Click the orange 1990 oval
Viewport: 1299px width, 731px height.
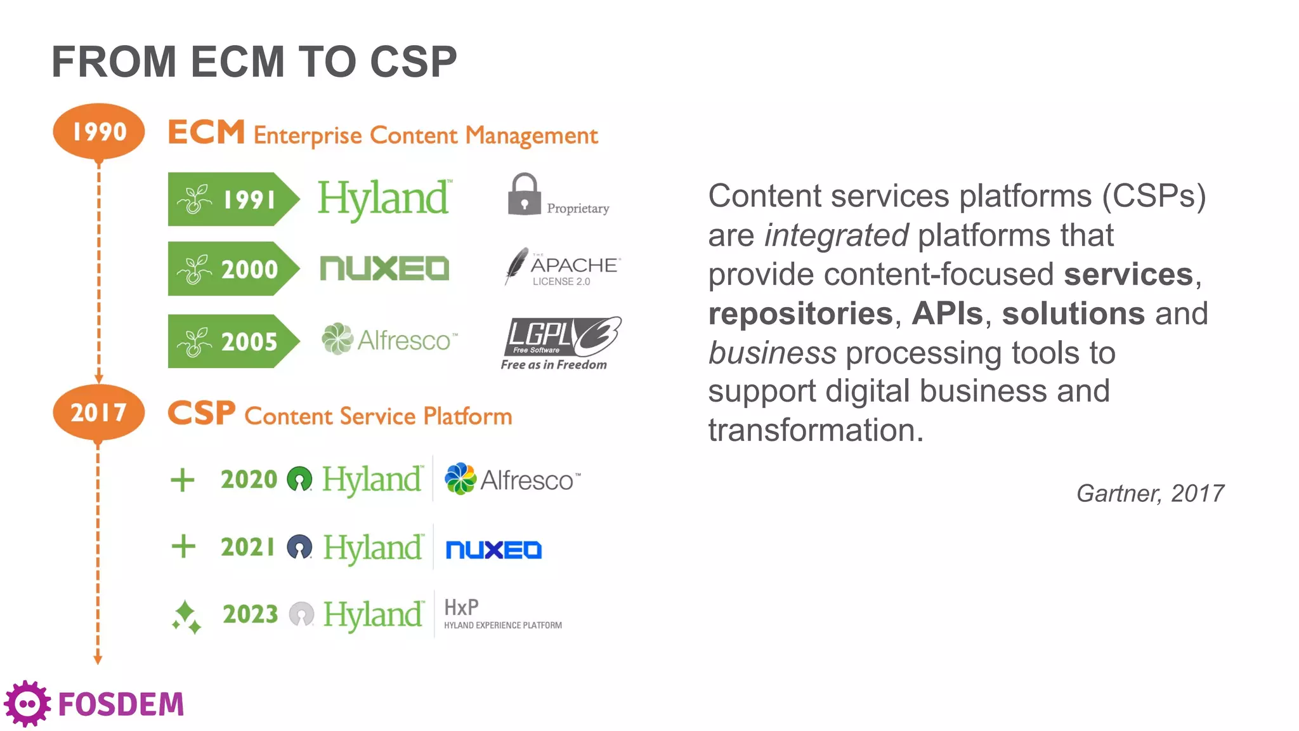coord(99,131)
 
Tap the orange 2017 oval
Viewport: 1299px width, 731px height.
coord(99,412)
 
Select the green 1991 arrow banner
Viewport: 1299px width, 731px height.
coord(232,199)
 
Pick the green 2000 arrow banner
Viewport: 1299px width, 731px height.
coord(232,269)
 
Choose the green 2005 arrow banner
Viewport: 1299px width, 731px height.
coord(232,341)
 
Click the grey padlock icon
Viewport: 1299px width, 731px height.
coord(524,194)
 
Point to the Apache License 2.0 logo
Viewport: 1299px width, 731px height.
coord(562,268)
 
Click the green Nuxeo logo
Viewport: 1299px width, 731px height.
coord(384,268)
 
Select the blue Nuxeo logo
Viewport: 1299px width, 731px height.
coord(493,550)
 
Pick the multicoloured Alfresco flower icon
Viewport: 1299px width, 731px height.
coord(460,478)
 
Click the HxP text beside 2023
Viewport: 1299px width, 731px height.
coord(461,607)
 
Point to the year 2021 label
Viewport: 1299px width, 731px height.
coord(248,547)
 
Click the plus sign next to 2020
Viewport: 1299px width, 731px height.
coord(183,480)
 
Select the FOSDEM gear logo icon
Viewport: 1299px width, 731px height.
coord(27,704)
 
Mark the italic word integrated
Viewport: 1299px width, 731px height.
coord(836,235)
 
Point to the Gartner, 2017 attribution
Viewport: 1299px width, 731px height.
coord(1150,493)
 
